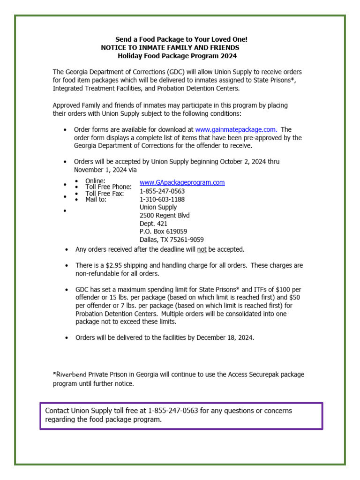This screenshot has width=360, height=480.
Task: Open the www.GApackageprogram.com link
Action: coord(182,182)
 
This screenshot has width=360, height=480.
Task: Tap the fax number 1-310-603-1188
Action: coord(162,199)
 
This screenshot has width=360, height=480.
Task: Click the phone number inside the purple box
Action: coord(173,411)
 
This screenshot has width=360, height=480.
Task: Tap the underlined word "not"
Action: coord(202,249)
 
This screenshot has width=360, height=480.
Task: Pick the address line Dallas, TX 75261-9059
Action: coord(172,240)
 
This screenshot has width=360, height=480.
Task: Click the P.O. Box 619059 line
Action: coord(163,232)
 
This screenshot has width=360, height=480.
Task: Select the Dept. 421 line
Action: coord(153,224)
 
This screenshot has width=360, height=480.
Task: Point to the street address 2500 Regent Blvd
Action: coord(165,216)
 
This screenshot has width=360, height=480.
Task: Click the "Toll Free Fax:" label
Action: coord(105,193)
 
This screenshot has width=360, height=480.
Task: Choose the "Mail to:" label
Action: coord(96,199)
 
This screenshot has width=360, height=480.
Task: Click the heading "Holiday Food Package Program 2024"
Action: coord(177,56)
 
